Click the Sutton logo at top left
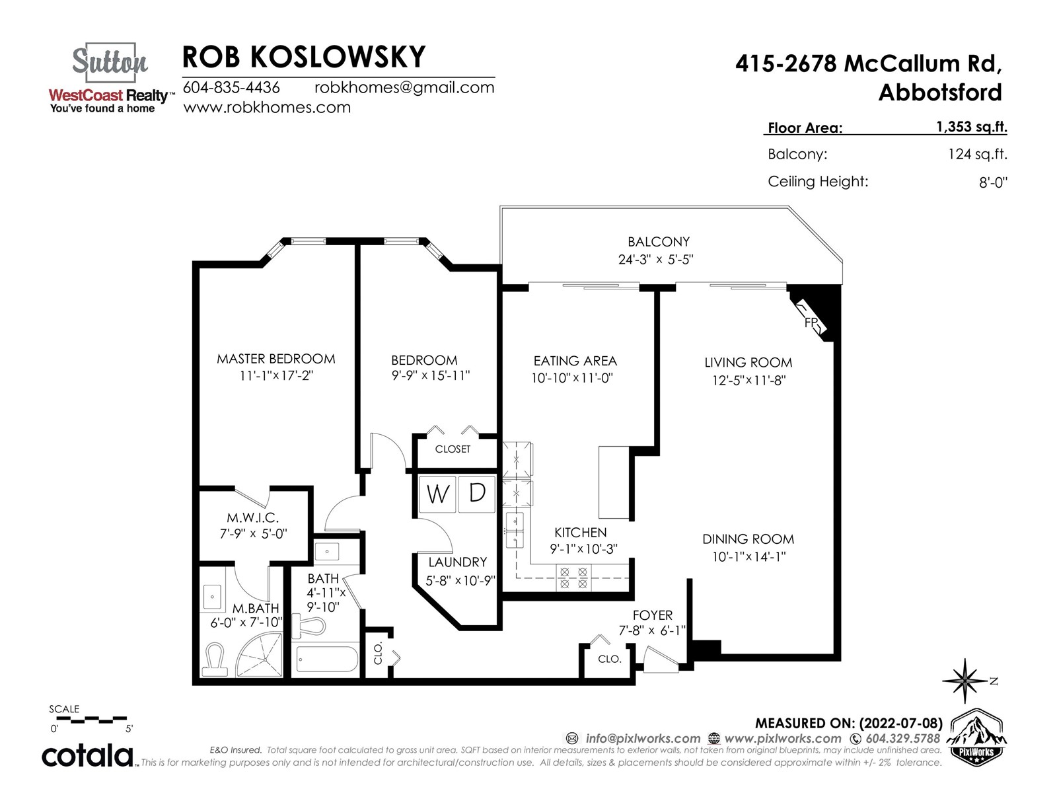pyautogui.click(x=110, y=79)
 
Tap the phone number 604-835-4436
pyautogui.click(x=231, y=87)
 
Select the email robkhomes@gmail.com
pyautogui.click(x=404, y=87)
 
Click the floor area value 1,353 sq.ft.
pyautogui.click(x=971, y=126)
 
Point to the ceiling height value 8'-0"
pyautogui.click(x=993, y=182)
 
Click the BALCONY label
pyautogui.click(x=658, y=242)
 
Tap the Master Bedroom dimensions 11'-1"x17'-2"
pyautogui.click(x=276, y=375)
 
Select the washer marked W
pyautogui.click(x=437, y=494)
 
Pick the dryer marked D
pyautogui.click(x=476, y=494)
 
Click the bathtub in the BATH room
pyautogui.click(x=327, y=659)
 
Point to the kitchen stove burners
pyautogui.click(x=573, y=578)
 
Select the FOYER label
pyautogui.click(x=653, y=615)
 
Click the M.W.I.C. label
pyautogui.click(x=253, y=518)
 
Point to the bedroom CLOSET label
pyautogui.click(x=453, y=449)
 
